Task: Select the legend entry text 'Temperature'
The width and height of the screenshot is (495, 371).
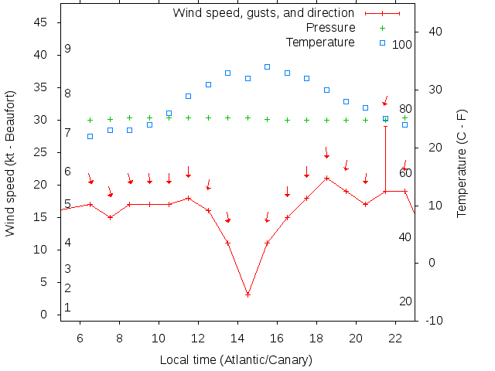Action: (320, 43)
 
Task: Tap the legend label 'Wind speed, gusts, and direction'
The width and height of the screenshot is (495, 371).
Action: (264, 13)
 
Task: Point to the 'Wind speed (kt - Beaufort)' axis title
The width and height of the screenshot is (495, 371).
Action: (10, 163)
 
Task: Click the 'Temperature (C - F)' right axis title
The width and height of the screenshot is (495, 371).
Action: (462, 163)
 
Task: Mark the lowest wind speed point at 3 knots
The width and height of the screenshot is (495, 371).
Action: (247, 294)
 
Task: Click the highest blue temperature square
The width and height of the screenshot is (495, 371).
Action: (268, 67)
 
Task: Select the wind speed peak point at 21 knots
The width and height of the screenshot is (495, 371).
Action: (327, 178)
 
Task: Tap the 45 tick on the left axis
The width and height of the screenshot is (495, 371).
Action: (41, 23)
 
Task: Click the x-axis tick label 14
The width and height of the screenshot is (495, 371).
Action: (237, 338)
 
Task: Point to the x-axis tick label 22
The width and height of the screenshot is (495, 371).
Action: (395, 338)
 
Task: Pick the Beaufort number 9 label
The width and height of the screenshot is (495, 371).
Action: (68, 49)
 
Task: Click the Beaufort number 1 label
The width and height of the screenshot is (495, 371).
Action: (68, 308)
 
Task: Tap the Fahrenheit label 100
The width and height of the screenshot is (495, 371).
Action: (402, 45)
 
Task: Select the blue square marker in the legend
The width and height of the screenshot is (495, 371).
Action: (382, 43)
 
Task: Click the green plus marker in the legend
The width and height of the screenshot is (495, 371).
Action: (382, 28)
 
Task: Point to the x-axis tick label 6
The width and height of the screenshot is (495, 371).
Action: (80, 338)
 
